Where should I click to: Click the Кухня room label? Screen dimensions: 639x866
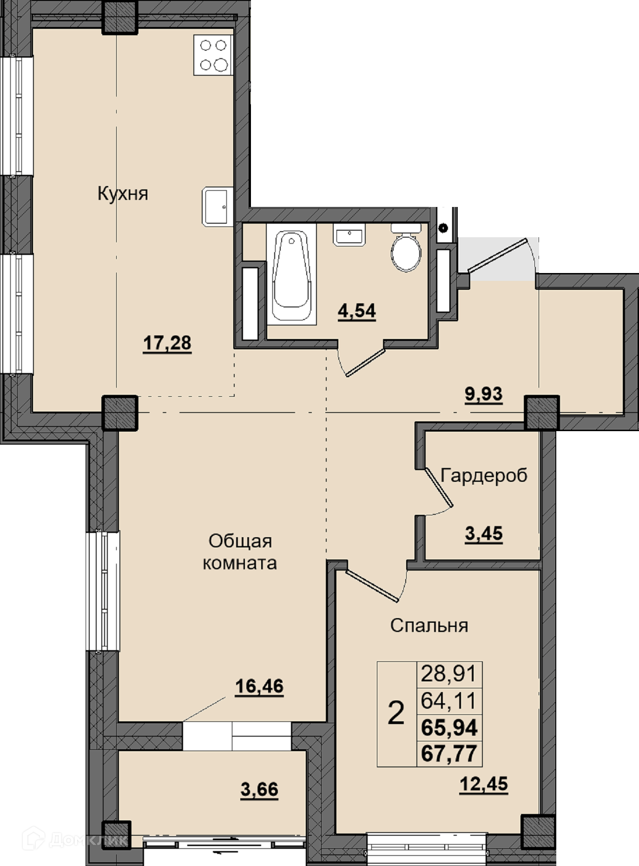coord(123,193)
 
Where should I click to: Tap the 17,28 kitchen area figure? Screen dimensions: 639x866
coord(167,343)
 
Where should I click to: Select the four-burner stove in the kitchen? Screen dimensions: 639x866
coord(213,55)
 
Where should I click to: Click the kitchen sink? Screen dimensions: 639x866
coord(217,207)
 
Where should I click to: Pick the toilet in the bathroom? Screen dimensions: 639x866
coord(406,248)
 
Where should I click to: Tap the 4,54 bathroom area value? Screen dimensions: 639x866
coord(357,311)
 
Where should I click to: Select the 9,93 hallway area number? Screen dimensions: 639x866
coord(484,394)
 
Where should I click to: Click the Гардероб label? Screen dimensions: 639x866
coord(484,476)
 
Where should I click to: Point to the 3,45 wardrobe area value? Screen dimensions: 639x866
coord(484,533)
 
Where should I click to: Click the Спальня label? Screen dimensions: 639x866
coord(429,626)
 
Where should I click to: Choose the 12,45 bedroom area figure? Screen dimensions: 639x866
coord(484,785)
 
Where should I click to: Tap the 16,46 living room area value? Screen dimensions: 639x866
coord(259,686)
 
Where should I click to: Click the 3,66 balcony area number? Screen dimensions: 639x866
coord(259,789)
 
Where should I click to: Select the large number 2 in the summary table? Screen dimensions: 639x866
coord(396,713)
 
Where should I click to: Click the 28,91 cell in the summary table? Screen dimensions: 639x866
coord(449,673)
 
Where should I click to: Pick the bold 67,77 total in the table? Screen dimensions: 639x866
coord(449,753)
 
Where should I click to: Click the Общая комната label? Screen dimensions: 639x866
coord(240,552)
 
